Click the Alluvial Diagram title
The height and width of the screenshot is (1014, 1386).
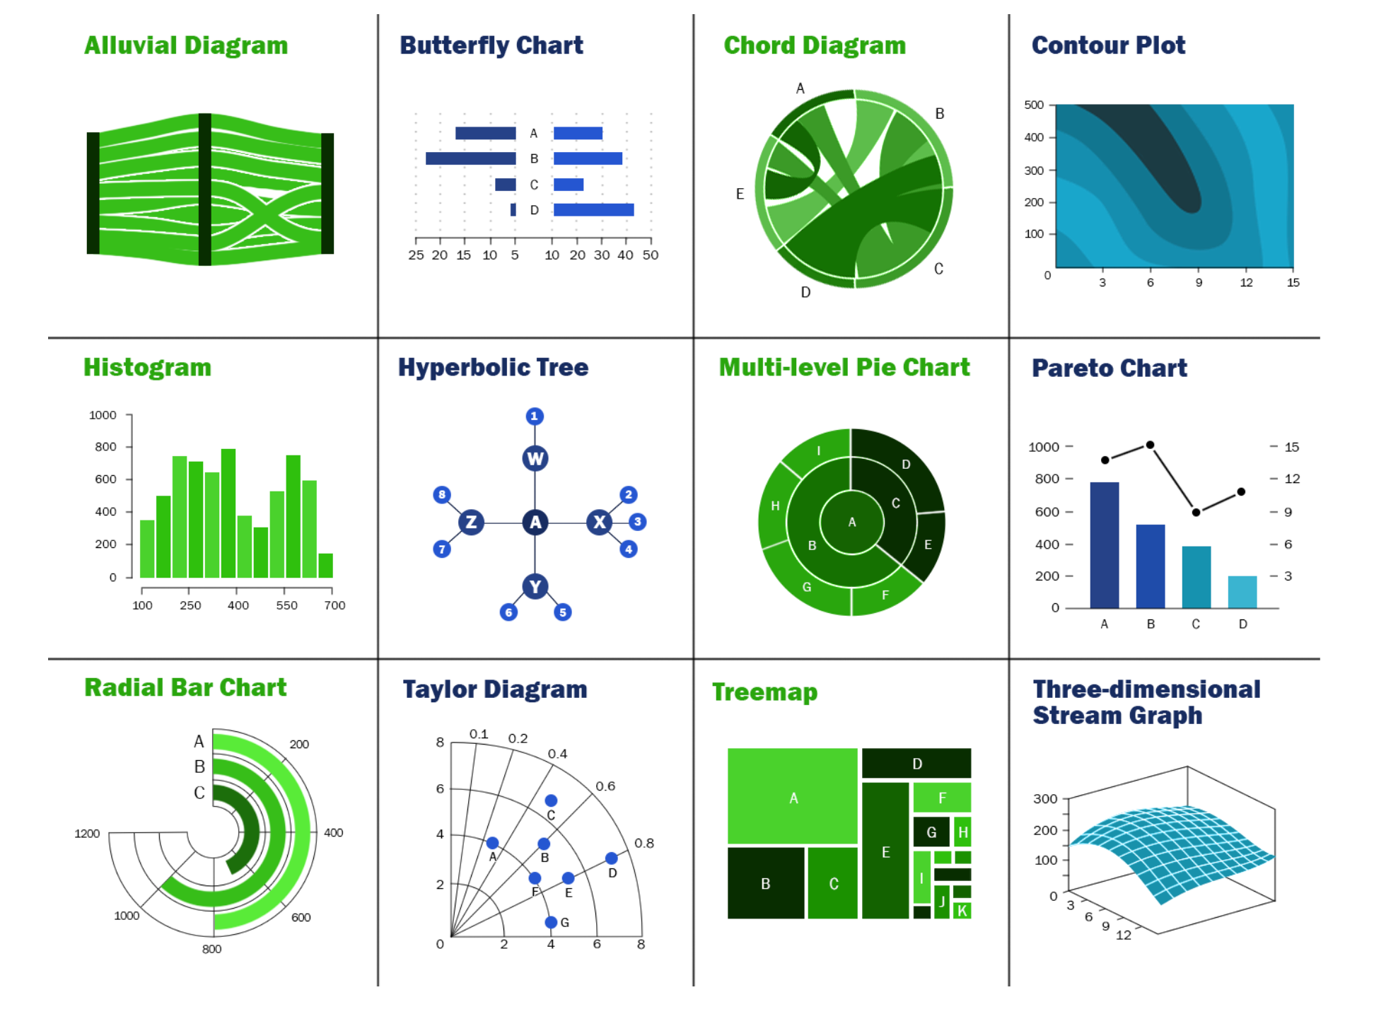pyautogui.click(x=186, y=45)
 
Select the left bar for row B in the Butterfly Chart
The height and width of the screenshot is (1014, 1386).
pyautogui.click(x=470, y=158)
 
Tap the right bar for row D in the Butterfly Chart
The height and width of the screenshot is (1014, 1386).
pyautogui.click(x=593, y=210)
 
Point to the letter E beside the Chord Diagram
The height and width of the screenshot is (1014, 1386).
pyautogui.click(x=740, y=194)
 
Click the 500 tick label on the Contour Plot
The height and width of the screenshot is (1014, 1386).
pyautogui.click(x=1034, y=105)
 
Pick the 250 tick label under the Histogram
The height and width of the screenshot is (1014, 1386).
pyautogui.click(x=190, y=605)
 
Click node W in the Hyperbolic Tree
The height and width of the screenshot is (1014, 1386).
pyautogui.click(x=535, y=458)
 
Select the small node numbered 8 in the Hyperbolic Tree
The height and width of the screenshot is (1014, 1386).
pyautogui.click(x=442, y=495)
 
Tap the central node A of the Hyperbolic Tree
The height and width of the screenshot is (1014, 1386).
pyautogui.click(x=535, y=523)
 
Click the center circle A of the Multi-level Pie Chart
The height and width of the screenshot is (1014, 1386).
pyautogui.click(x=852, y=523)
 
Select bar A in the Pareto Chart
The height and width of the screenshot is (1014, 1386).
pyautogui.click(x=1105, y=544)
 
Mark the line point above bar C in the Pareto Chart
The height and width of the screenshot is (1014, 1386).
pyautogui.click(x=1196, y=512)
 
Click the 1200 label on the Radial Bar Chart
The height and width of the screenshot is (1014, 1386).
pyautogui.click(x=87, y=834)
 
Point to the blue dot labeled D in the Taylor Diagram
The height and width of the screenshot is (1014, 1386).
pyautogui.click(x=612, y=858)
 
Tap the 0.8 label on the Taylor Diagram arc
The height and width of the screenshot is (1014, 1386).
pyautogui.click(x=644, y=843)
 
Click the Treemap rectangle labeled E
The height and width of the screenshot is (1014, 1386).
pyautogui.click(x=885, y=851)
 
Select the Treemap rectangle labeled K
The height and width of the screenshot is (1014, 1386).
pyautogui.click(x=962, y=911)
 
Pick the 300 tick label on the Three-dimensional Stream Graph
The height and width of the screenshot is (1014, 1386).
pyautogui.click(x=1045, y=799)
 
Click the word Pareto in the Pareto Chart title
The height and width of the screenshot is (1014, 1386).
pyautogui.click(x=1073, y=368)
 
